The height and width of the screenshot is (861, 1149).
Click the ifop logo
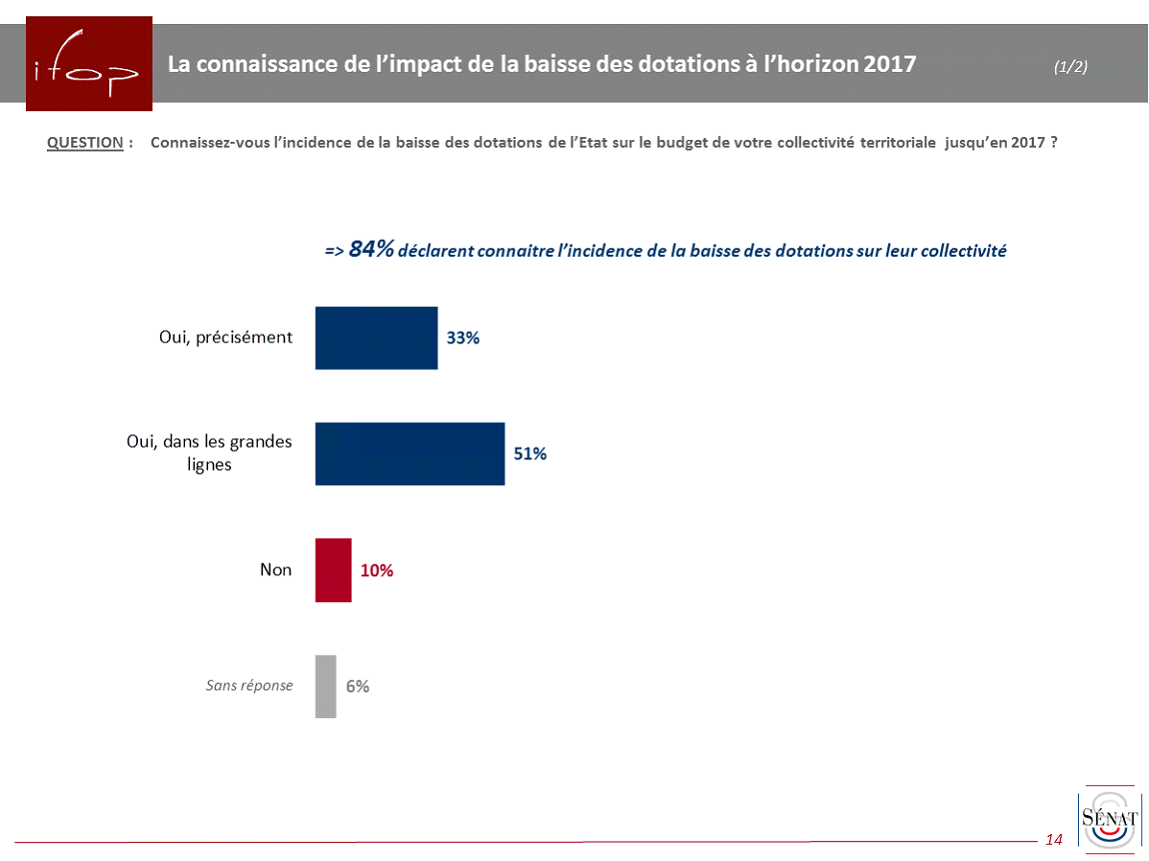coord(89,63)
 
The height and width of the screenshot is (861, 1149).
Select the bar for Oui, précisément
coord(376,337)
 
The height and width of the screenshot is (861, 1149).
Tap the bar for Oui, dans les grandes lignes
coord(410,454)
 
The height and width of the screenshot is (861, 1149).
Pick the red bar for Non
coord(334,570)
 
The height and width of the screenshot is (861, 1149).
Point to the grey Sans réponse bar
coord(326,686)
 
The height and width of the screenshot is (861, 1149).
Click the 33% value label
coord(462,338)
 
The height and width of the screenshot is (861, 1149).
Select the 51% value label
coord(529,454)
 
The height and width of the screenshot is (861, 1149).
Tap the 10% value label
coord(377,570)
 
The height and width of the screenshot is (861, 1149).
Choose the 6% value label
coord(358,686)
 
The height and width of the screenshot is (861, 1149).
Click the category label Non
coord(275,570)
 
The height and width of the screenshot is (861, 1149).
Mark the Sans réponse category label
coord(249,686)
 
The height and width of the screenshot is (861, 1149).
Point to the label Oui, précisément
coord(225,337)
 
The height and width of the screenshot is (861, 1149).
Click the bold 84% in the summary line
coord(371,250)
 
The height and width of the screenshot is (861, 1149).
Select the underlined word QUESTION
coord(85,143)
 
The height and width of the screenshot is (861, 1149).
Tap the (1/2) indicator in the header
coord(1070,66)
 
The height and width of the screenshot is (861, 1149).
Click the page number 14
coord(1054,840)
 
